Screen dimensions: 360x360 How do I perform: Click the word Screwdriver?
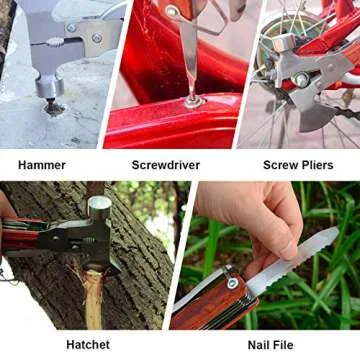[x=164, y=163]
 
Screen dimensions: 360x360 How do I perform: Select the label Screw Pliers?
[x=299, y=163]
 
